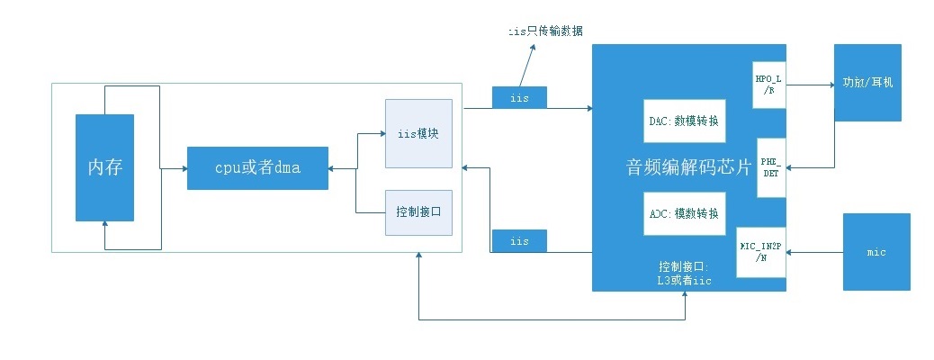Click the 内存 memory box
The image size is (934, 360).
[x=104, y=167]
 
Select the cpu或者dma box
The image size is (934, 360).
[x=257, y=167]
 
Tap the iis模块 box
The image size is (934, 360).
[x=417, y=133]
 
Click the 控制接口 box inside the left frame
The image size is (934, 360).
[x=417, y=212]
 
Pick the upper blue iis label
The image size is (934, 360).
[x=519, y=97]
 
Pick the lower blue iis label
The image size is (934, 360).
[x=519, y=241]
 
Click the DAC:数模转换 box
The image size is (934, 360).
[x=685, y=120]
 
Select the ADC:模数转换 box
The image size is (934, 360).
[x=685, y=213]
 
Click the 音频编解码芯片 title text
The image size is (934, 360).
[x=688, y=167]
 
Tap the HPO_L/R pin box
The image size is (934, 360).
[x=768, y=85]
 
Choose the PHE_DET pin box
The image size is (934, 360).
[x=772, y=167]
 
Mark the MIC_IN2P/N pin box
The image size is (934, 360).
[x=761, y=251]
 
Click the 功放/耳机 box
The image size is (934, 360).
[x=867, y=82]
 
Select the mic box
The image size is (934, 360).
[x=876, y=252]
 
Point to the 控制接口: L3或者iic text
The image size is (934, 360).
[x=684, y=274]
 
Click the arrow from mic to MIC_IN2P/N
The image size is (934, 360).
[x=814, y=252]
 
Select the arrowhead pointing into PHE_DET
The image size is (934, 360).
[x=791, y=167]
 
